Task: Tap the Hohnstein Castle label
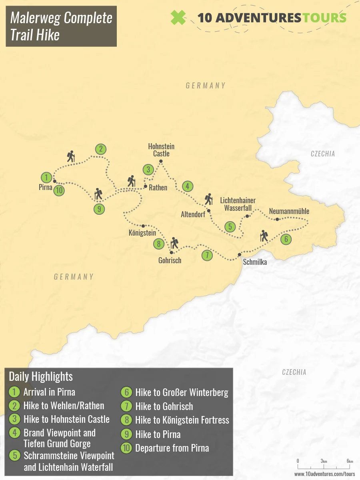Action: (x=161, y=150)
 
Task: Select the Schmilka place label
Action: (x=255, y=262)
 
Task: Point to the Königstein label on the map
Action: (x=142, y=233)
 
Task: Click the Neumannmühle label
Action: (x=289, y=211)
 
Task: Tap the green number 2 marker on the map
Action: (x=101, y=149)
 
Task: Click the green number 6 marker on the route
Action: (x=286, y=240)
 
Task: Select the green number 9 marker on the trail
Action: (x=99, y=208)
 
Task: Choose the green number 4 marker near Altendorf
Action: (x=187, y=186)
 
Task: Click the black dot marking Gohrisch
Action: (x=171, y=252)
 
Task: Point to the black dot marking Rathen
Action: (x=145, y=186)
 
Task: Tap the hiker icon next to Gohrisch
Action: (x=174, y=243)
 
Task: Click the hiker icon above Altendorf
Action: (x=208, y=199)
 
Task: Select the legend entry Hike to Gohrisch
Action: (x=164, y=406)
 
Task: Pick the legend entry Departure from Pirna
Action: (x=172, y=448)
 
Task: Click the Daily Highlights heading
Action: (x=41, y=376)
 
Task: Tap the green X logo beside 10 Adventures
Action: (x=178, y=18)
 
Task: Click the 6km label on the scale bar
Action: (x=350, y=461)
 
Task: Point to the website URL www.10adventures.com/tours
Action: (x=324, y=474)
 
